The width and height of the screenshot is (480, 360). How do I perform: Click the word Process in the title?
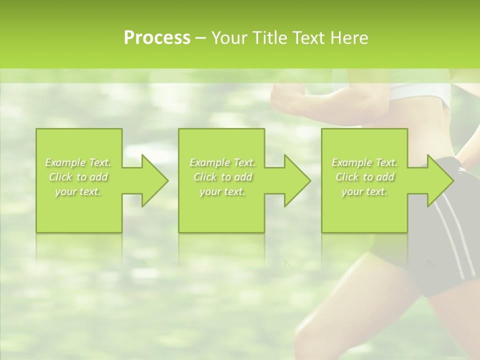157,37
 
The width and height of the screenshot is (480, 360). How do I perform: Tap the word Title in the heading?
269,37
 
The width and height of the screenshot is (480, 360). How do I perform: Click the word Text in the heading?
308,37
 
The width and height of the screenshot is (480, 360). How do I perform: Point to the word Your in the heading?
229,37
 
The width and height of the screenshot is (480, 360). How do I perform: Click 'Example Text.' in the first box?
78,162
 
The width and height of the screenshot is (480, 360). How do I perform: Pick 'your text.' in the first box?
78,191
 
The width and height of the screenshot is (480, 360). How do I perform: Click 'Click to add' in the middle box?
222,177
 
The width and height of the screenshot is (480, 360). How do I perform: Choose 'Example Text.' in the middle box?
222,162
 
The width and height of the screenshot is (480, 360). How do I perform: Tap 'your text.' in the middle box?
222,191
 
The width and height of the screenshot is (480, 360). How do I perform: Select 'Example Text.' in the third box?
364,162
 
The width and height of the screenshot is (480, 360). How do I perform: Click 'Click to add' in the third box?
364,177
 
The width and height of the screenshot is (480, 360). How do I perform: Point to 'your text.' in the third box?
364,191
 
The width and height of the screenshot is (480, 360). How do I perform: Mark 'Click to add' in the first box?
78,177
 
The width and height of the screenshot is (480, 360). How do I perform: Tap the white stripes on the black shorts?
452,240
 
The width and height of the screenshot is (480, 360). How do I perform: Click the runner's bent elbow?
278,95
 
